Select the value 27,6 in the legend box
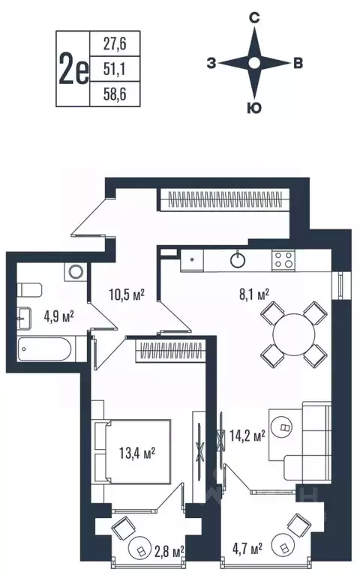click(x=108, y=44)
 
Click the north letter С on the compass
click(x=254, y=17)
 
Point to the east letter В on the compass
click(x=298, y=64)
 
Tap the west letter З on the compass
click(x=211, y=64)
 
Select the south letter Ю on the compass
click(x=254, y=109)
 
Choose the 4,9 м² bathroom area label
click(x=58, y=317)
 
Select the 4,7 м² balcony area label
click(x=246, y=551)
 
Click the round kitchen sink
click(x=238, y=260)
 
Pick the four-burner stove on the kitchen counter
click(x=283, y=260)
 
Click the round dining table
click(x=294, y=334)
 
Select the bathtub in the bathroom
click(x=46, y=349)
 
